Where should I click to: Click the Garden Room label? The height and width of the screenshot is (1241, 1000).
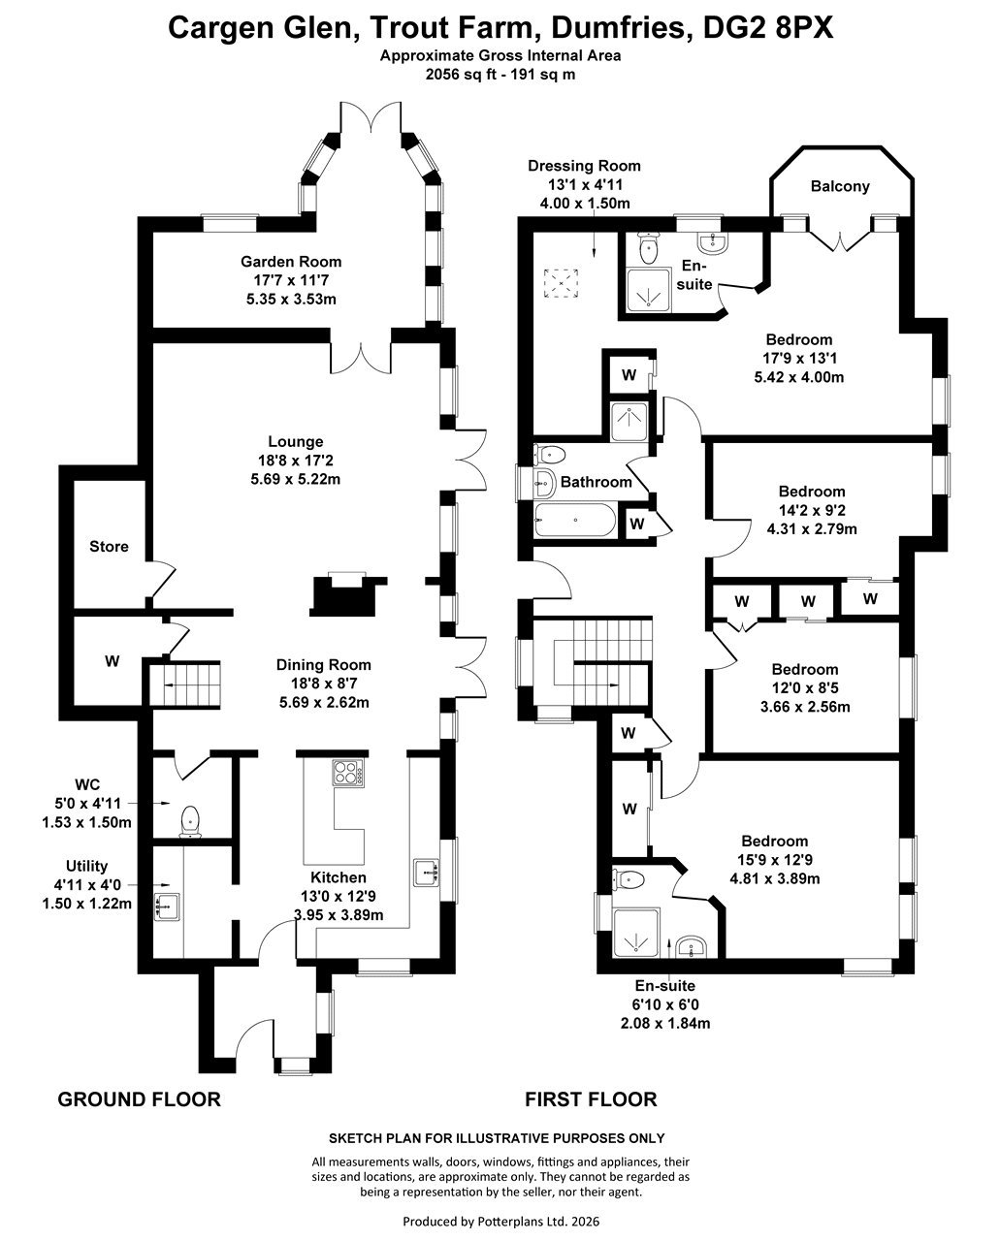tap(291, 262)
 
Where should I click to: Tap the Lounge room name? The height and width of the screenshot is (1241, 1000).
tap(296, 442)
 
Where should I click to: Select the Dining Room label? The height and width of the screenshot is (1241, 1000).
tap(323, 665)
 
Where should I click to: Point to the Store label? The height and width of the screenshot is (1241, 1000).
tap(109, 546)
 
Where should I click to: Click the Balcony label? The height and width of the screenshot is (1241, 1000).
tap(840, 186)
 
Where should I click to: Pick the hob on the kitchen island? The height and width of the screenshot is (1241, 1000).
tap(348, 773)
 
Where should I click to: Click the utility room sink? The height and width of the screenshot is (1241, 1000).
tap(168, 906)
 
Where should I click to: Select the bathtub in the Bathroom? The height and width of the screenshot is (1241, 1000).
tap(575, 521)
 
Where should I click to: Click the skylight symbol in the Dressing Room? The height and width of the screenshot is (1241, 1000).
tap(561, 283)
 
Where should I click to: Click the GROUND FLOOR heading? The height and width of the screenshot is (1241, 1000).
tap(139, 1099)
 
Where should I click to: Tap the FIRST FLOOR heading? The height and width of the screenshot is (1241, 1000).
tap(591, 1099)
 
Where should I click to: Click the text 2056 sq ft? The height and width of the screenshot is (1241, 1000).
tap(458, 75)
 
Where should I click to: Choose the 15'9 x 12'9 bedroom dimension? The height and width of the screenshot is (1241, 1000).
tap(774, 860)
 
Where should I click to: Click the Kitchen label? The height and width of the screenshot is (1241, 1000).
tap(339, 877)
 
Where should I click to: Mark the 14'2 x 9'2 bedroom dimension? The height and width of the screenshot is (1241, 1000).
tap(811, 510)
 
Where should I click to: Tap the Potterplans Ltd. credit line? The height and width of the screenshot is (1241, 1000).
tap(500, 1222)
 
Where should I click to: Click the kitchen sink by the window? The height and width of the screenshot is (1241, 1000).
tap(427, 873)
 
